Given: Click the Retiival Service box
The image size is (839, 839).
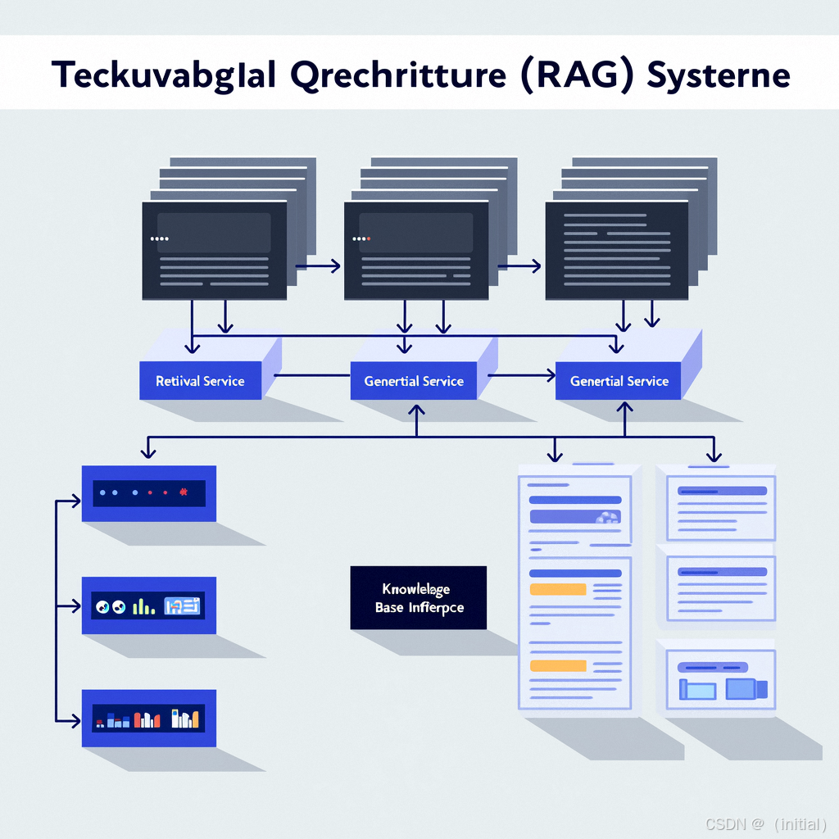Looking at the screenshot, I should click(x=200, y=380).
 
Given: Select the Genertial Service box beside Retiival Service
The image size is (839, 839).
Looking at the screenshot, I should click(x=414, y=380).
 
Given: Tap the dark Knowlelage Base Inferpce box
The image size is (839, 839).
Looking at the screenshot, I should click(x=418, y=598).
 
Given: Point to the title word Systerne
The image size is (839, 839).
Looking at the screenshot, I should click(x=718, y=75).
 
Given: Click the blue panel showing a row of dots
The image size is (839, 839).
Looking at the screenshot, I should click(x=149, y=493).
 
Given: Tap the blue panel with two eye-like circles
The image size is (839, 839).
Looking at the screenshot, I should click(x=149, y=605).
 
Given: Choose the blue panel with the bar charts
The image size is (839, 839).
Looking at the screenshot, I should click(x=149, y=719).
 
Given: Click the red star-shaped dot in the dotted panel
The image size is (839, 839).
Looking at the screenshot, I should click(x=183, y=492).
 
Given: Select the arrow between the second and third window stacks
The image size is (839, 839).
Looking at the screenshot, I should click(x=521, y=265).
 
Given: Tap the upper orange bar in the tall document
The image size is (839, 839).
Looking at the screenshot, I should click(x=558, y=588).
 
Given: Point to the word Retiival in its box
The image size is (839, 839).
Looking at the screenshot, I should click(x=176, y=381).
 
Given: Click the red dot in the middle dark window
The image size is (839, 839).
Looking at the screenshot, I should click(x=369, y=238).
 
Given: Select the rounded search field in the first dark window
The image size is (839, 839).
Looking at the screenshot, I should click(x=214, y=232).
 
